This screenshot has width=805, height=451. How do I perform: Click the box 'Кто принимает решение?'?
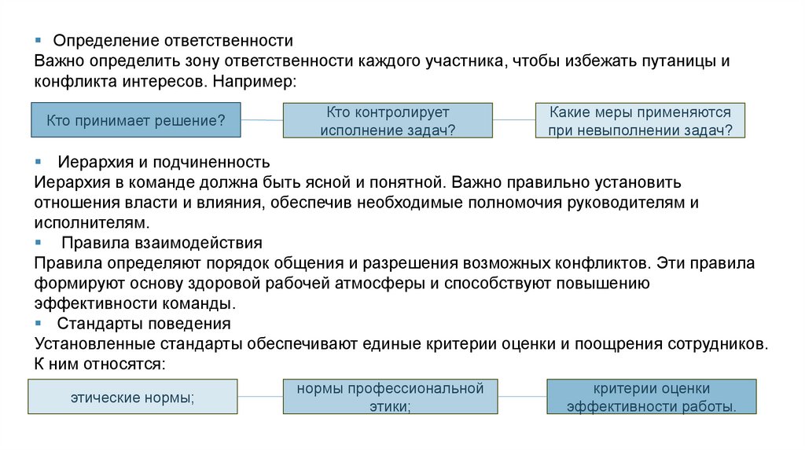(136, 120)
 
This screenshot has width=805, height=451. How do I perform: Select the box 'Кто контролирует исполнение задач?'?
(388, 121)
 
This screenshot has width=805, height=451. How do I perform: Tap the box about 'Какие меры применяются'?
(640, 121)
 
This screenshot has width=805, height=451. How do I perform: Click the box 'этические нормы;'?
(132, 397)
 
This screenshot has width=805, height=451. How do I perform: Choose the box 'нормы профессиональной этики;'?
(390, 397)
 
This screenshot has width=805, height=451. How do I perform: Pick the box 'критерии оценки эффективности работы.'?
(651, 397)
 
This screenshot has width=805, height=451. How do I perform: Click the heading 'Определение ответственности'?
(173, 40)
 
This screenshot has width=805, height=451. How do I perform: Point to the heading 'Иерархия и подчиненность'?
(164, 162)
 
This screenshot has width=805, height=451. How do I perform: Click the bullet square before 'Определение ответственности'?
(38, 40)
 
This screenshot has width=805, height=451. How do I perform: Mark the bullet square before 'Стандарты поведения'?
(38, 323)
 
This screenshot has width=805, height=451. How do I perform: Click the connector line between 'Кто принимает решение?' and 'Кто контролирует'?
(261, 120)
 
